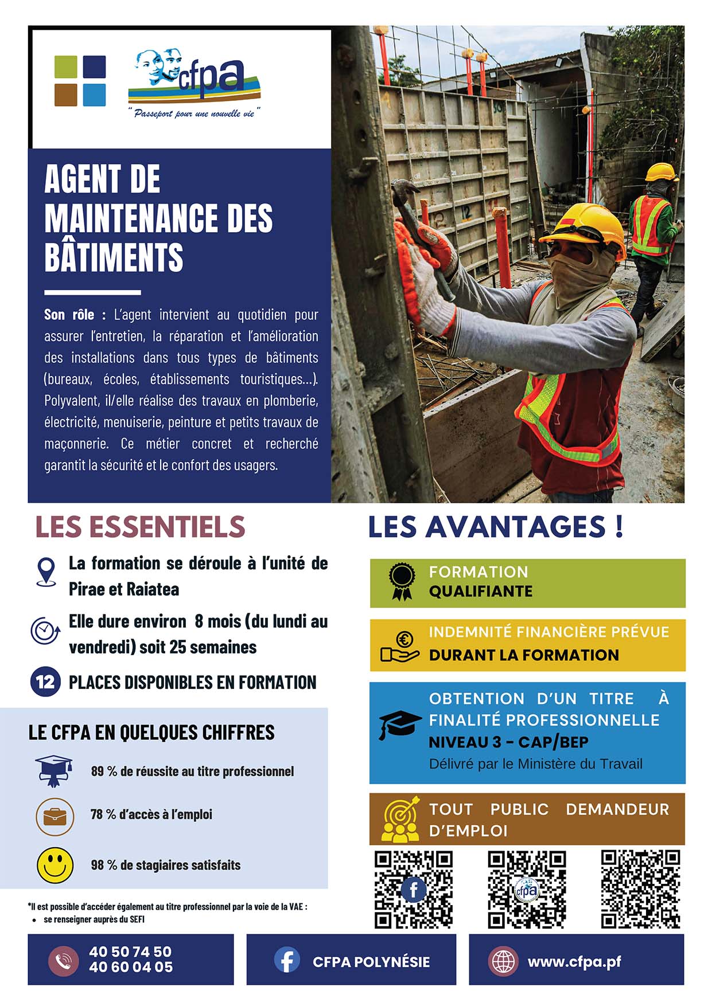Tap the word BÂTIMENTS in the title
[114, 257]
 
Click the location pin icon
[46, 571]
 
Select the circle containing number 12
[45, 682]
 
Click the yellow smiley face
[55, 865]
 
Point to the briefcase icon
[55, 816]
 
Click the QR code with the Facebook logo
[413, 889]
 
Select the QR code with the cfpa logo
[527, 889]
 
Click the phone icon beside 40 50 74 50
[63, 961]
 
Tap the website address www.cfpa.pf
[574, 961]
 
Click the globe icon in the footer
[503, 961]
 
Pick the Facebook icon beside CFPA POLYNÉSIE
[287, 960]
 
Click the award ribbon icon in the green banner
[402, 582]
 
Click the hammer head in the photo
[404, 189]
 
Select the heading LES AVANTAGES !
[495, 527]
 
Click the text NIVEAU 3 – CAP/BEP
[508, 742]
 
